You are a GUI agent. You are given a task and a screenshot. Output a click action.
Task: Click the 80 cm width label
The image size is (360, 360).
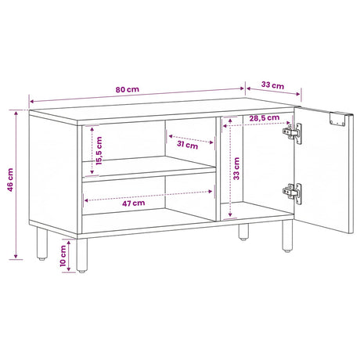pyautogui.click(x=128, y=89)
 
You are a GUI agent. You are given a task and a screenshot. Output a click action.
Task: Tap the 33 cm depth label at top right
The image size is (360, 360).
pyautogui.click(x=272, y=85)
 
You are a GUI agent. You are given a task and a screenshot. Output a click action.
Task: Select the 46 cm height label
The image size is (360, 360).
pyautogui.click(x=10, y=180)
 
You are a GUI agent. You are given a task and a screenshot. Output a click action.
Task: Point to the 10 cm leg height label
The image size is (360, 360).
pyautogui.click(x=63, y=256)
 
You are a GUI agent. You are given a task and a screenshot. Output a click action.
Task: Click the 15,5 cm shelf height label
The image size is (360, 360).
pyautogui.click(x=99, y=151)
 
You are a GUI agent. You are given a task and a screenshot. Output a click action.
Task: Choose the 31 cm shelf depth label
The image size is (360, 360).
pyautogui.click(x=187, y=144)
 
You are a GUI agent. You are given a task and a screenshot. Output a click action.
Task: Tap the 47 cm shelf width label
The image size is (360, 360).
pyautogui.click(x=134, y=203)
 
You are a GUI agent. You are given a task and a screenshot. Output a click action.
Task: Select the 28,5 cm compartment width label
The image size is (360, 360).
pyautogui.click(x=265, y=118)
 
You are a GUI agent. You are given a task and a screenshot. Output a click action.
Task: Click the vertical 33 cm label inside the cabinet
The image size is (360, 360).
pyautogui.click(x=236, y=168)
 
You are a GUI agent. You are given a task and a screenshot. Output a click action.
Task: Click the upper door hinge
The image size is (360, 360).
pyautogui.click(x=293, y=133)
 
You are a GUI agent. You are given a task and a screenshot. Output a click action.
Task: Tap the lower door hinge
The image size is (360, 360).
pyautogui.click(x=293, y=193)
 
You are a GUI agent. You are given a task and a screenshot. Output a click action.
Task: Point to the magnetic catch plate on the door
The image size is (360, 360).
pyautogui.click(x=337, y=119)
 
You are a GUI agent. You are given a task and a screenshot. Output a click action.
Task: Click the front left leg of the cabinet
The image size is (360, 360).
pyautogui.click(x=82, y=255)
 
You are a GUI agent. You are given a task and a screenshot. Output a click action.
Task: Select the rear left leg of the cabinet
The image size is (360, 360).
pyautogui.click(x=41, y=243)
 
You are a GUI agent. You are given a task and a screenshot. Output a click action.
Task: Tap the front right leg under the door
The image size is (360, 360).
pyautogui.click(x=287, y=236)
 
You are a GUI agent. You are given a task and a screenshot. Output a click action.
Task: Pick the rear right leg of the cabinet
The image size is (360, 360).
pyautogui.click(x=243, y=232)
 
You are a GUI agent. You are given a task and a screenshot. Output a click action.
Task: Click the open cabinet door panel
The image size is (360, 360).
pyautogui.click(x=323, y=170)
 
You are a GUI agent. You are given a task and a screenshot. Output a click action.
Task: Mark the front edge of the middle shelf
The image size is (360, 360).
pyautogui.click(x=149, y=175)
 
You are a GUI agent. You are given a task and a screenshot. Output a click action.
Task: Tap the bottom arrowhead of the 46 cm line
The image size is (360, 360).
pyautogui.click(x=16, y=257)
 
